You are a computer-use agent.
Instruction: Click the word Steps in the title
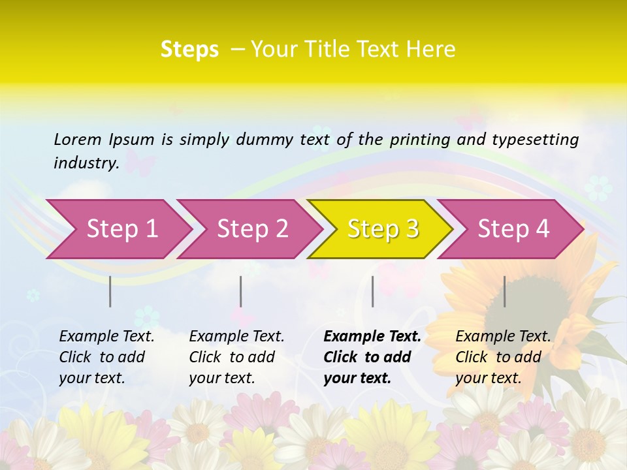189,50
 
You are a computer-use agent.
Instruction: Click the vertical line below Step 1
110,291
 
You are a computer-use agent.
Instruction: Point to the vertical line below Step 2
240,291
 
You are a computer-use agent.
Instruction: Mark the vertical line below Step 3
372,291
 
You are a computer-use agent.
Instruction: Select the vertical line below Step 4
504,291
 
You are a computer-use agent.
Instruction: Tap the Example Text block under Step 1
106,357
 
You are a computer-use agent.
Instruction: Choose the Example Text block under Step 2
236,357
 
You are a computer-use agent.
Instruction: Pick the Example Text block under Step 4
503,357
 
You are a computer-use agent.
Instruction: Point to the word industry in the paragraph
86,163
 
